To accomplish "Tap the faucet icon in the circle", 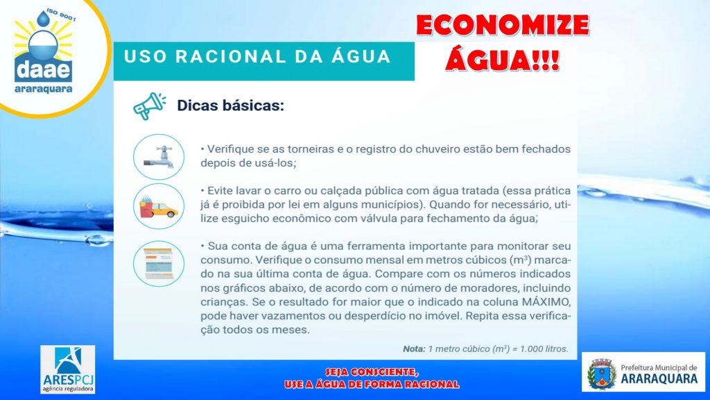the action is point(159,157).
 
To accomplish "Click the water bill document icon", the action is point(159,263).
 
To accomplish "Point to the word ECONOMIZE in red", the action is point(503,26).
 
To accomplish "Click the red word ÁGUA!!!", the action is point(503,60).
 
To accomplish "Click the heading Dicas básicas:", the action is point(230,106).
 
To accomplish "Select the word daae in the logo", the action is point(43,70).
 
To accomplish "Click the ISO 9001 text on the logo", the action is point(61,15).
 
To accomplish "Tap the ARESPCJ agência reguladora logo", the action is point(68,369).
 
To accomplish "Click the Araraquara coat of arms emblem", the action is point(602,374).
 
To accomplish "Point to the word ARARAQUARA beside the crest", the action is point(659,378).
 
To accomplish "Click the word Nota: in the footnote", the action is point(414,349).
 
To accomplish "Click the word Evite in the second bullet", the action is point(219,190).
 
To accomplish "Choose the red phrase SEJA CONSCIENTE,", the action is point(372,372).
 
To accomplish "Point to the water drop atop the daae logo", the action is point(44,19).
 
